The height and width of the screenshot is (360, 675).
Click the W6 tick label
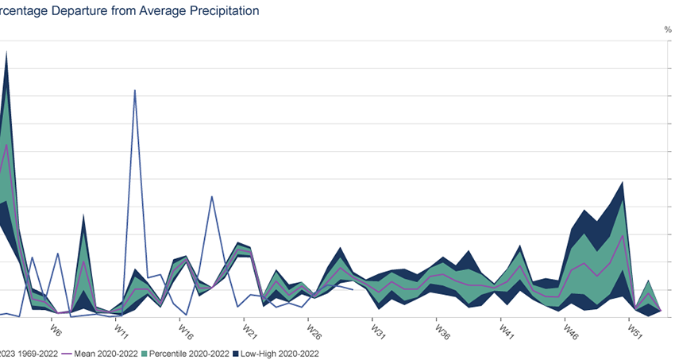click(56, 330)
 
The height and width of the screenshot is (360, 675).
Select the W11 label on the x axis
click(121, 330)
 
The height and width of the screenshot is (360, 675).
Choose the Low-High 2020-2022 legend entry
click(283, 353)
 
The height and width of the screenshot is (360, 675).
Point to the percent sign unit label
click(668, 29)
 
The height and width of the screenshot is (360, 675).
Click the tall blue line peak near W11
click(135, 90)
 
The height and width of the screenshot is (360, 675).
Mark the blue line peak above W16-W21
click(212, 196)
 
